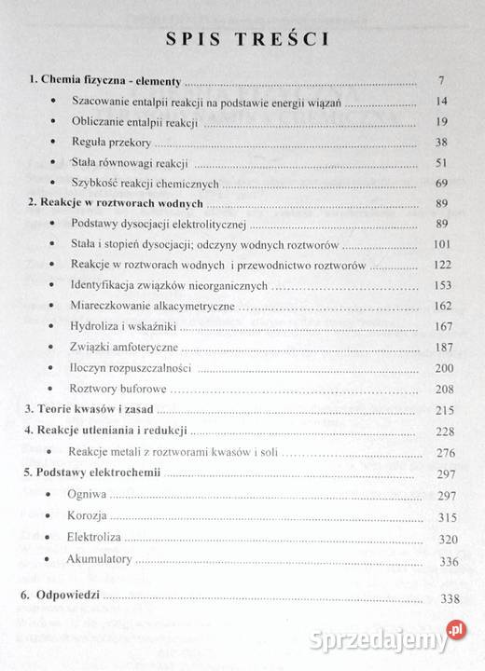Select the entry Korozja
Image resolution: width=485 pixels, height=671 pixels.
tap(89, 514)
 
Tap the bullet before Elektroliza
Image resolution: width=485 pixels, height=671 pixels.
tap(47, 536)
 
